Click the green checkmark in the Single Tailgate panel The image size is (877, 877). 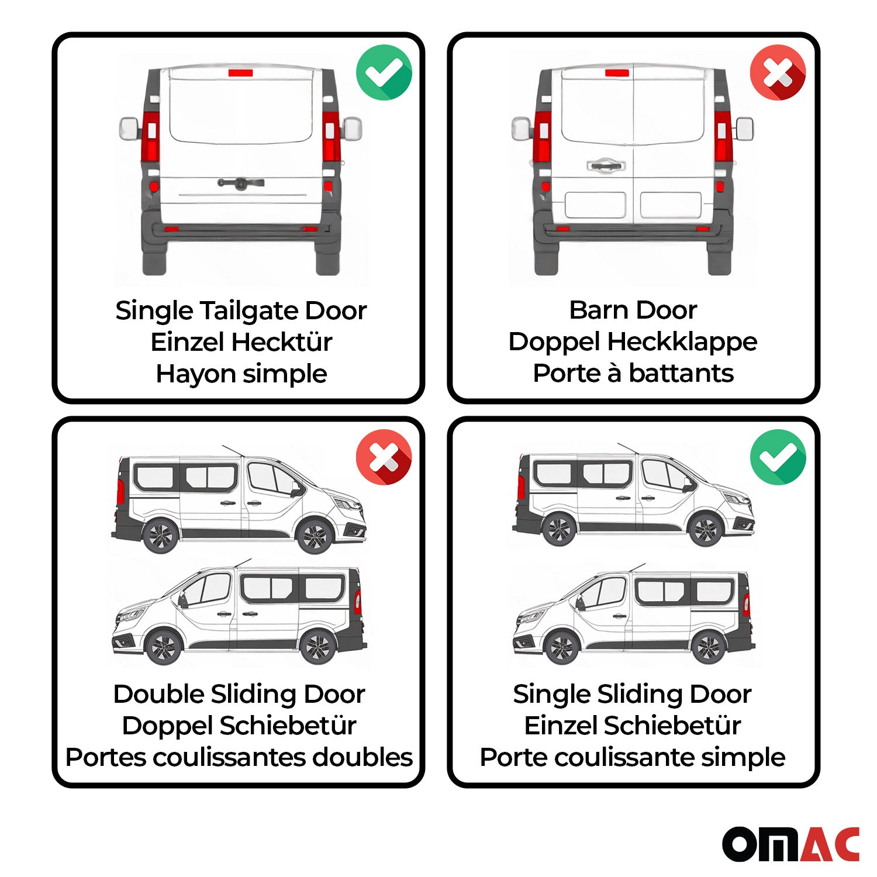click(x=384, y=72)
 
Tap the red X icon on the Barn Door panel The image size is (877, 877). click(x=778, y=72)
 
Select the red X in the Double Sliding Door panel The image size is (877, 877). click(x=384, y=457)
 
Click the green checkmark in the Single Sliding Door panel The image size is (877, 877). click(x=778, y=457)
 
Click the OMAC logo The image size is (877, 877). click(x=790, y=844)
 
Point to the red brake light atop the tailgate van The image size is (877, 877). click(x=240, y=73)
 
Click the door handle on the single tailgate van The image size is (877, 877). click(x=240, y=183)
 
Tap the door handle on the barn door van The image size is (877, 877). click(x=606, y=165)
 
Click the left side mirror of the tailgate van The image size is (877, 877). click(x=129, y=128)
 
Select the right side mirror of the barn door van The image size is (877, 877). click(x=744, y=129)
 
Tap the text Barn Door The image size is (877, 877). click(x=633, y=310)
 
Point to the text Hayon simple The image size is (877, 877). click(x=241, y=374)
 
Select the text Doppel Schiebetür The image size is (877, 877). click(x=239, y=726)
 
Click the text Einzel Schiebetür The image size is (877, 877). click(x=633, y=726)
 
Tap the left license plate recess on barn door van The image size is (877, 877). click(x=595, y=205)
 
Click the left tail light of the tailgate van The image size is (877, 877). click(x=151, y=137)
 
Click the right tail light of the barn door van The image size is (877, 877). click(x=723, y=137)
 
